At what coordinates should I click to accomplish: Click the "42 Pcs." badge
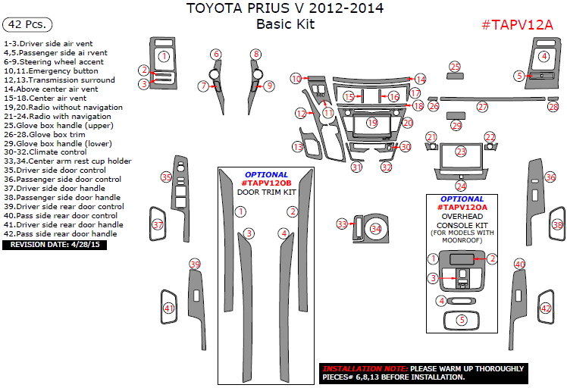click(27, 25)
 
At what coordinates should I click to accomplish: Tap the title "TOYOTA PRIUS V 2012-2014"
click(284, 9)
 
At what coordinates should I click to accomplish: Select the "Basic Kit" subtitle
click(284, 24)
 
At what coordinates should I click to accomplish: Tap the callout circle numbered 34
click(376, 227)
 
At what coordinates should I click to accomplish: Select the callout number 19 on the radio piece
click(372, 122)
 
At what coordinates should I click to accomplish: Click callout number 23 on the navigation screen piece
click(461, 152)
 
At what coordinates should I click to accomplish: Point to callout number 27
click(482, 108)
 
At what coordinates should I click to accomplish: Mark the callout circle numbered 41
click(168, 308)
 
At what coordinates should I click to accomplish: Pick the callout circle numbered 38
click(557, 225)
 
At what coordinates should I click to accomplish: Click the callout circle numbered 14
click(420, 79)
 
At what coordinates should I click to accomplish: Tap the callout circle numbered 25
click(455, 67)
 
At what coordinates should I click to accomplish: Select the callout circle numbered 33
click(342, 224)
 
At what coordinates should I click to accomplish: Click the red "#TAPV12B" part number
click(266, 183)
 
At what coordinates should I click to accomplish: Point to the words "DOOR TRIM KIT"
click(266, 192)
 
